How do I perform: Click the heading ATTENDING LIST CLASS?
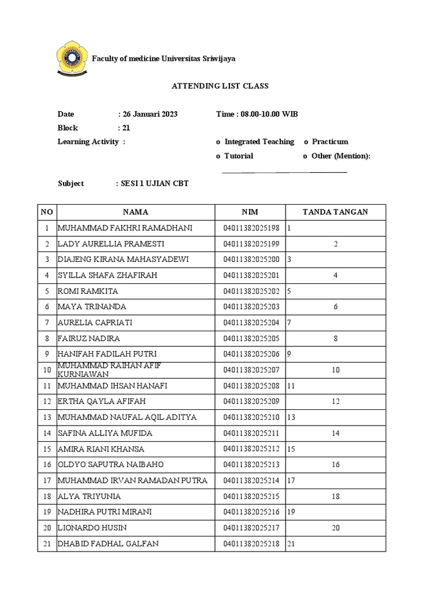(x=220, y=86)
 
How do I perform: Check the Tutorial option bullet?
(x=218, y=156)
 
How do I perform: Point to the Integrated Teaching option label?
(x=259, y=142)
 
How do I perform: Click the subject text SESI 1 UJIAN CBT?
(x=154, y=183)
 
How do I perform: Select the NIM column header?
(x=250, y=212)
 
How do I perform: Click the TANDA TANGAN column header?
(x=335, y=212)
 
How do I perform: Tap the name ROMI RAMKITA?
(x=85, y=291)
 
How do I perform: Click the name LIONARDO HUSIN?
(x=92, y=528)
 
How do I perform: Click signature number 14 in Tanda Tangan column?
(x=335, y=433)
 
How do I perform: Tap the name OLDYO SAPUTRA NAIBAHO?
(x=111, y=464)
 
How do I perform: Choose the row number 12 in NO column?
(x=47, y=401)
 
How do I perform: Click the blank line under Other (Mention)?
(x=284, y=172)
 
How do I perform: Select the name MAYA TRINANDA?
(x=92, y=306)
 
